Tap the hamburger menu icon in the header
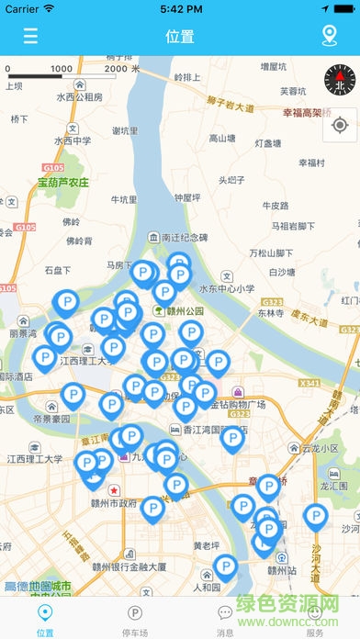point(31,37)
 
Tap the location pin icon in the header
point(330,37)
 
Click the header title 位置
point(180,37)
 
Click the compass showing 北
point(340,81)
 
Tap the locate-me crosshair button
point(340,125)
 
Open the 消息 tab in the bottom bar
point(225,620)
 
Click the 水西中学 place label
point(73,140)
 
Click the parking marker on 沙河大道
point(315,519)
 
